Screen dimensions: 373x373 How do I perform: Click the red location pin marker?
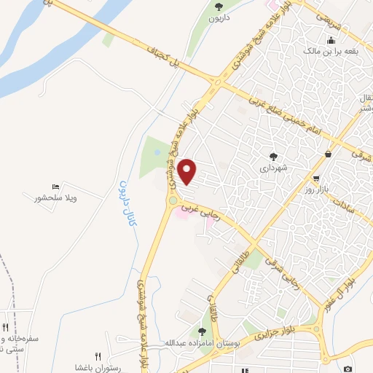point(188,171)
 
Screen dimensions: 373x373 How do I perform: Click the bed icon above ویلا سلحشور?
point(56,187)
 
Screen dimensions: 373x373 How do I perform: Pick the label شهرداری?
point(275,168)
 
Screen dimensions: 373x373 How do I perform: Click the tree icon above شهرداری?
point(273,156)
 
